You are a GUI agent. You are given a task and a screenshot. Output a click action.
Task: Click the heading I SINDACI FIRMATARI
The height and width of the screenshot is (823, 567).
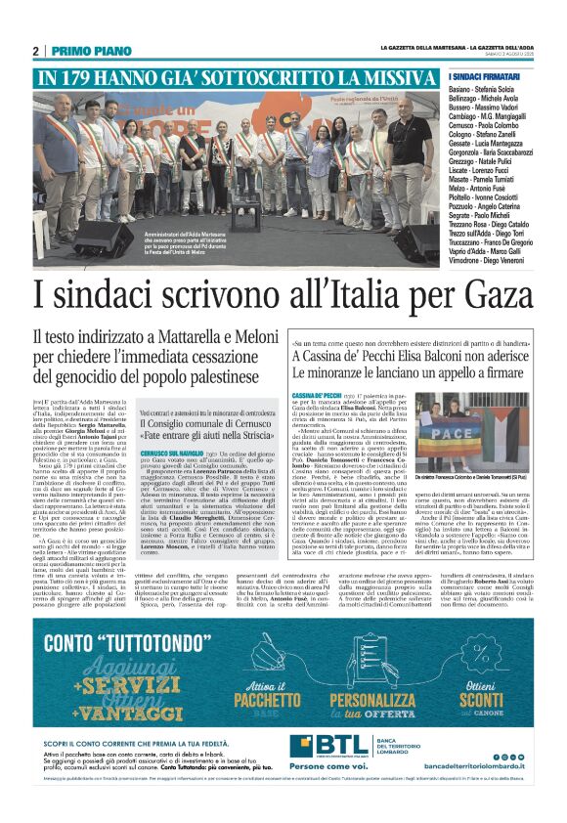click(485, 76)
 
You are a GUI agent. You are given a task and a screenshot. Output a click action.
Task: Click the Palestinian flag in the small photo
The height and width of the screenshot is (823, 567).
click(507, 410)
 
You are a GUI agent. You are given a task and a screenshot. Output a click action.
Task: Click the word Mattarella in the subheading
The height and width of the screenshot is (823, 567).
click(177, 337)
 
